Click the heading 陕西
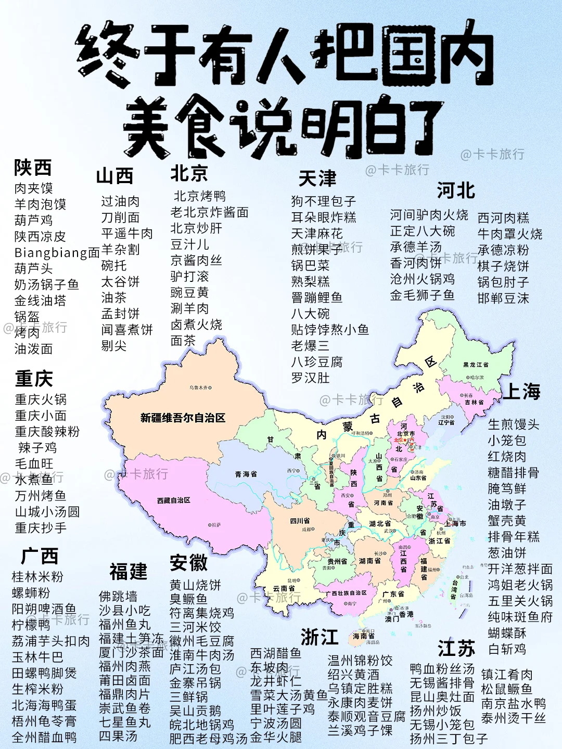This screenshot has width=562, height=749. coord(33,167)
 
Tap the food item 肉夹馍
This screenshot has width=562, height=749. coord(34,188)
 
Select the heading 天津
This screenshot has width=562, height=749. coord(317,179)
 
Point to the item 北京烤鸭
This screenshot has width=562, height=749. coord(200,196)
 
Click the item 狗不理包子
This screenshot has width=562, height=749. coord(324,201)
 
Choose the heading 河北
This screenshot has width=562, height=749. coord(456,191)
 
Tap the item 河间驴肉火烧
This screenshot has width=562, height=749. coord(429,215)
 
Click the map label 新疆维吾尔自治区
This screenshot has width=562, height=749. coord(183,418)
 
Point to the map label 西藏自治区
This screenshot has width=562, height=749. coord(174,500)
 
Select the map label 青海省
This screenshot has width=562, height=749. coord(246,474)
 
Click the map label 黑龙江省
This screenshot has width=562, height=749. coord(476,365)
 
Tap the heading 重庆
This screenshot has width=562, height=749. coord(34,378)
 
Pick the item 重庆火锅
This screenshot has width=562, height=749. coord(41,399)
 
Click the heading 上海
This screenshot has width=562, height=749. coord(521,391)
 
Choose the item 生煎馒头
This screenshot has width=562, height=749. coord(514,424)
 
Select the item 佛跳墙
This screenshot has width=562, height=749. coord(118,596)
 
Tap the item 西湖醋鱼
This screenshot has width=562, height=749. coord(276,653)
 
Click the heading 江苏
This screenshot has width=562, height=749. coord(456,649)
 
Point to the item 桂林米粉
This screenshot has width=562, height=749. coord(37,577)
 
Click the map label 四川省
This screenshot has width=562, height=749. coord(300,521)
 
